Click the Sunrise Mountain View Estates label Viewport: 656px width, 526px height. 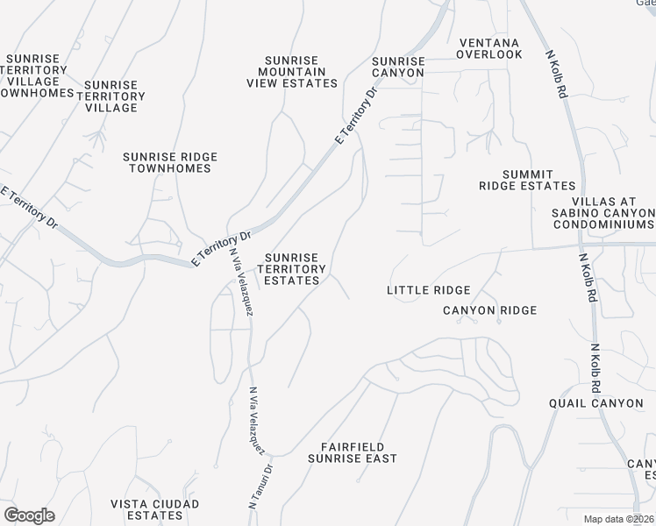(292, 72)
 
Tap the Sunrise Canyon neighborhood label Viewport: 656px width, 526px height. (398, 67)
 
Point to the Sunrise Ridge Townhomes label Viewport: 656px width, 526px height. (170, 162)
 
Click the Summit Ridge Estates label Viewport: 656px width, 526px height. (527, 180)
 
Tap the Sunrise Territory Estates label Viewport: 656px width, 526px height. (292, 269)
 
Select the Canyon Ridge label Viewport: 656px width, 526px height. (489, 310)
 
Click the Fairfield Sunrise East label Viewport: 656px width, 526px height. (353, 452)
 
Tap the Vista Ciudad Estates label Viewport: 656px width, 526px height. (155, 509)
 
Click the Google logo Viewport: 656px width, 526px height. (29, 515)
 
